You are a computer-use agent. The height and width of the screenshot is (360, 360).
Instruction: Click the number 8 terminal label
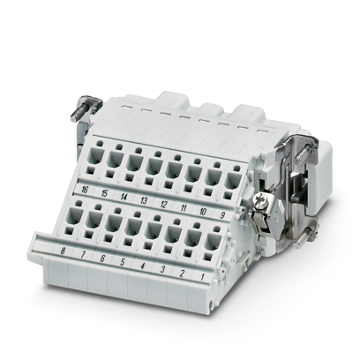pyautogui.click(x=62, y=253)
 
